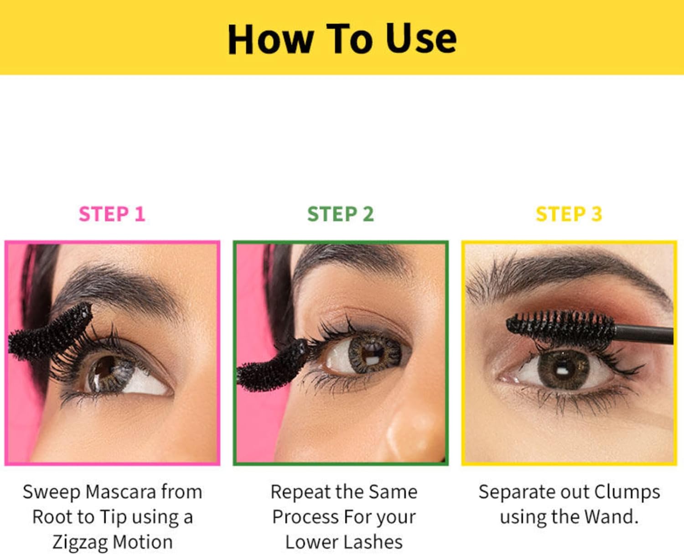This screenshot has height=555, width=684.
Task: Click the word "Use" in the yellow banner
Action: point(421,39)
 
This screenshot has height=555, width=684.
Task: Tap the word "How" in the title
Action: point(270,39)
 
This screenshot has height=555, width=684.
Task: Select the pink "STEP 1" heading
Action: point(112,214)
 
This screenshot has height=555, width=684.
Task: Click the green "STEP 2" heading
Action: point(341,214)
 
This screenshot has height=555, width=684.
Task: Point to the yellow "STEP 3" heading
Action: point(569,214)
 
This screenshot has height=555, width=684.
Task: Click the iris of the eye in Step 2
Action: point(374,353)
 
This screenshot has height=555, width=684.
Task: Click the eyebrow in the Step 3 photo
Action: point(565,276)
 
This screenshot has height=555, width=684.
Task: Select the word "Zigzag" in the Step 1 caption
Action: point(80,543)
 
